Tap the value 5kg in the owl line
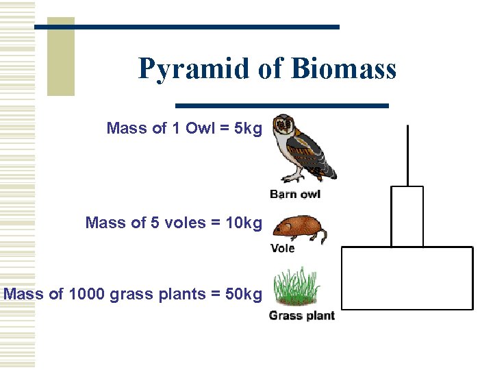248,128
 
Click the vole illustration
299,227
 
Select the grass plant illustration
298,288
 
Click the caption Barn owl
295,194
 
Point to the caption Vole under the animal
283,248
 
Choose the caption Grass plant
301,316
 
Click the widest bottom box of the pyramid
407,278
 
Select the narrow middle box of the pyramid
407,216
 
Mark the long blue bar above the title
187,27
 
